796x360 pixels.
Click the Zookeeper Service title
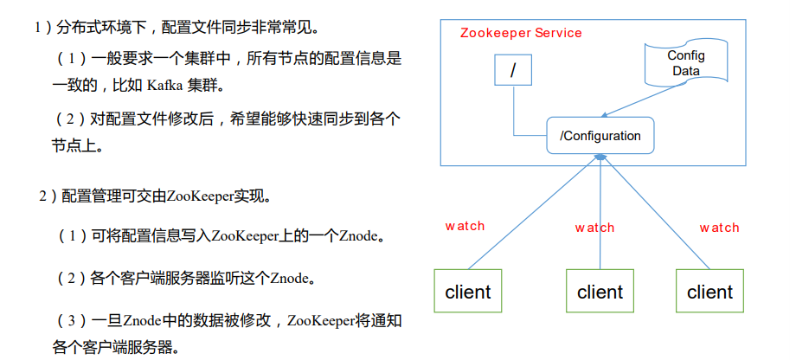[521, 33]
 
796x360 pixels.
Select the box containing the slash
[513, 71]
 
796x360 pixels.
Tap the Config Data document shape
[686, 62]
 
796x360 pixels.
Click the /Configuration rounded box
[600, 136]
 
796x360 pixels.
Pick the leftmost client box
[468, 292]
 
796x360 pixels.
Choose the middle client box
[600, 292]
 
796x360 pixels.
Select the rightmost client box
[710, 292]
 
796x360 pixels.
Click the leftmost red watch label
[465, 226]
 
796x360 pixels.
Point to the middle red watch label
[594, 228]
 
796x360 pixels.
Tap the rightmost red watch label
[719, 228]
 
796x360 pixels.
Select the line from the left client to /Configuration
[532, 211]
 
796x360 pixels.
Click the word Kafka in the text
[164, 87]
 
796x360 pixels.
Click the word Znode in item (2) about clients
[288, 279]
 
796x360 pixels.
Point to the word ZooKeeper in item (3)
[321, 321]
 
